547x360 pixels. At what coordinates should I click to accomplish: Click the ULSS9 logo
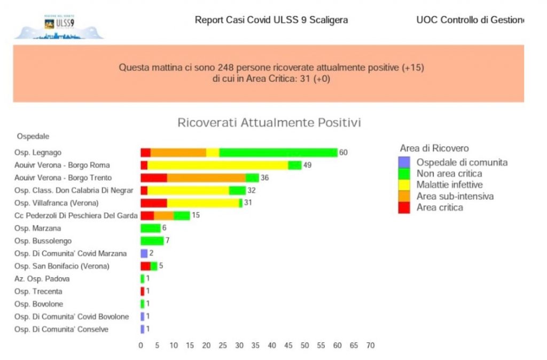point(59,26)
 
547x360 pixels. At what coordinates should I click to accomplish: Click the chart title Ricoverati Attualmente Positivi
point(269,123)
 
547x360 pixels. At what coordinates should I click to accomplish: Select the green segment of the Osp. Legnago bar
point(278,153)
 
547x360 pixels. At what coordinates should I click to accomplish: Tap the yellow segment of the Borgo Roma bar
point(217,165)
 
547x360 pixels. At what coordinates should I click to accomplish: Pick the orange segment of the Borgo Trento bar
point(206,178)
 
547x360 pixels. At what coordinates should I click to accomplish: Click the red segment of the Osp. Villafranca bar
point(153,203)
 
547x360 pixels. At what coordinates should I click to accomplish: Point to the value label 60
point(343,153)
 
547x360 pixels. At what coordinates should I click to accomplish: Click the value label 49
point(307,165)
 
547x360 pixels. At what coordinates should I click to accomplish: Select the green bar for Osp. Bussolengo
point(152,241)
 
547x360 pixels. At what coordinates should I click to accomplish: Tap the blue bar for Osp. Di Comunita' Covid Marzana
point(144,254)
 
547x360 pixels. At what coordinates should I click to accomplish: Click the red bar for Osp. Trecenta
point(142,292)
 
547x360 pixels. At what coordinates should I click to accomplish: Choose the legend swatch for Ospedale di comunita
point(405,162)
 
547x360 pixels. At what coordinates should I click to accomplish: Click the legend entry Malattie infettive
point(449,185)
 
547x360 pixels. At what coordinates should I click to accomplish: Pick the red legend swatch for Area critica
point(405,207)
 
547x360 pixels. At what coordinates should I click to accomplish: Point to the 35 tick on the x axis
point(255,346)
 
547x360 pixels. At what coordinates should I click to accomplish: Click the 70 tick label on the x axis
point(370,346)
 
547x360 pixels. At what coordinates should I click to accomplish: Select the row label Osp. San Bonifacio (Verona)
point(62,266)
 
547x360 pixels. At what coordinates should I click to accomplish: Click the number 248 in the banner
point(225,68)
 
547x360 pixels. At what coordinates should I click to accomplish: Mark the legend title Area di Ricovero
point(434,148)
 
